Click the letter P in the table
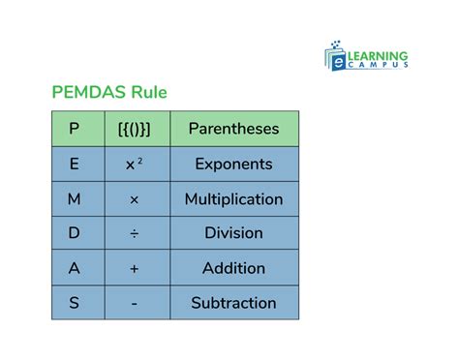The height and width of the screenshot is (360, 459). point(75,129)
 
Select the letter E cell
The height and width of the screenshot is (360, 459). point(75,164)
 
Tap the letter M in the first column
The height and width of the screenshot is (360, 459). point(75,199)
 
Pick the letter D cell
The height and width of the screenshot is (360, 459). point(75,233)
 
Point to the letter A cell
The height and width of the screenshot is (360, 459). point(75,268)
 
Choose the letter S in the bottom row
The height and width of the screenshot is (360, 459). point(75,303)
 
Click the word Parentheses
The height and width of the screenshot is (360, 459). point(233,129)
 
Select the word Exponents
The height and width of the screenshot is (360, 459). point(233,164)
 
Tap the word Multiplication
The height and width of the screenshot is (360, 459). point(233,199)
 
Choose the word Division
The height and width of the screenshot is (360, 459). point(233,233)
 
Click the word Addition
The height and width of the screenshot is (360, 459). point(233,268)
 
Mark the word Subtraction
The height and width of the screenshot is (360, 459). point(233,303)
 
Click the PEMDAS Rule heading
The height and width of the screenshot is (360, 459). point(108,93)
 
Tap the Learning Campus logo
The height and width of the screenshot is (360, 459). point(366,55)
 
